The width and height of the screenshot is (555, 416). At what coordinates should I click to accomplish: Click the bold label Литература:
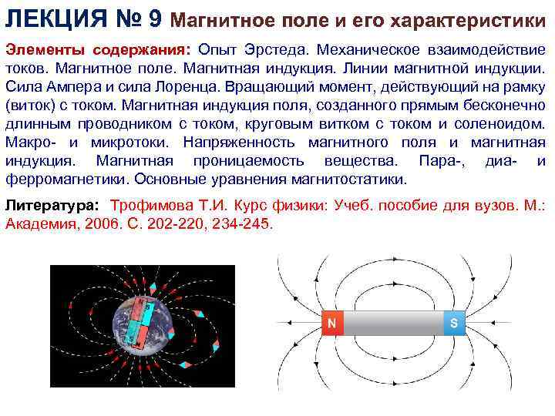click(52, 206)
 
